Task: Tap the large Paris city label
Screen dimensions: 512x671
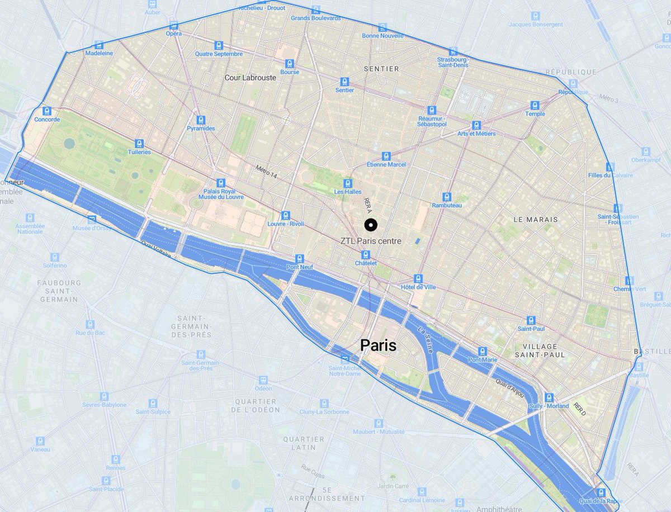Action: coord(378,345)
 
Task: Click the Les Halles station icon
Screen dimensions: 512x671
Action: coord(348,183)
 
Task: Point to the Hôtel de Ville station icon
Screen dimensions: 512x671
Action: coord(418,278)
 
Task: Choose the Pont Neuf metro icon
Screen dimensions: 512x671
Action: coord(300,258)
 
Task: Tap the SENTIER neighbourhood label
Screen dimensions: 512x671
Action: coord(381,69)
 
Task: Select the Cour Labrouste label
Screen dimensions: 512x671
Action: coord(251,78)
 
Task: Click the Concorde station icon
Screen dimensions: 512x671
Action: coord(47,111)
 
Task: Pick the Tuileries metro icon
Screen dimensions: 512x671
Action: coord(139,143)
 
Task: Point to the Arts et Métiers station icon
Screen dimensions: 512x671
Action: coord(476,125)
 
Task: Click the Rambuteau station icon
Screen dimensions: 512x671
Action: coord(446,197)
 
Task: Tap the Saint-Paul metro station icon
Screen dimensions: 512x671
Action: coord(531,320)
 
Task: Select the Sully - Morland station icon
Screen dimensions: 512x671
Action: coord(549,397)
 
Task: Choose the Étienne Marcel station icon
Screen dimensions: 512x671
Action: coord(386,156)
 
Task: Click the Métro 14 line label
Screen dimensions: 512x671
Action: coord(267,172)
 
